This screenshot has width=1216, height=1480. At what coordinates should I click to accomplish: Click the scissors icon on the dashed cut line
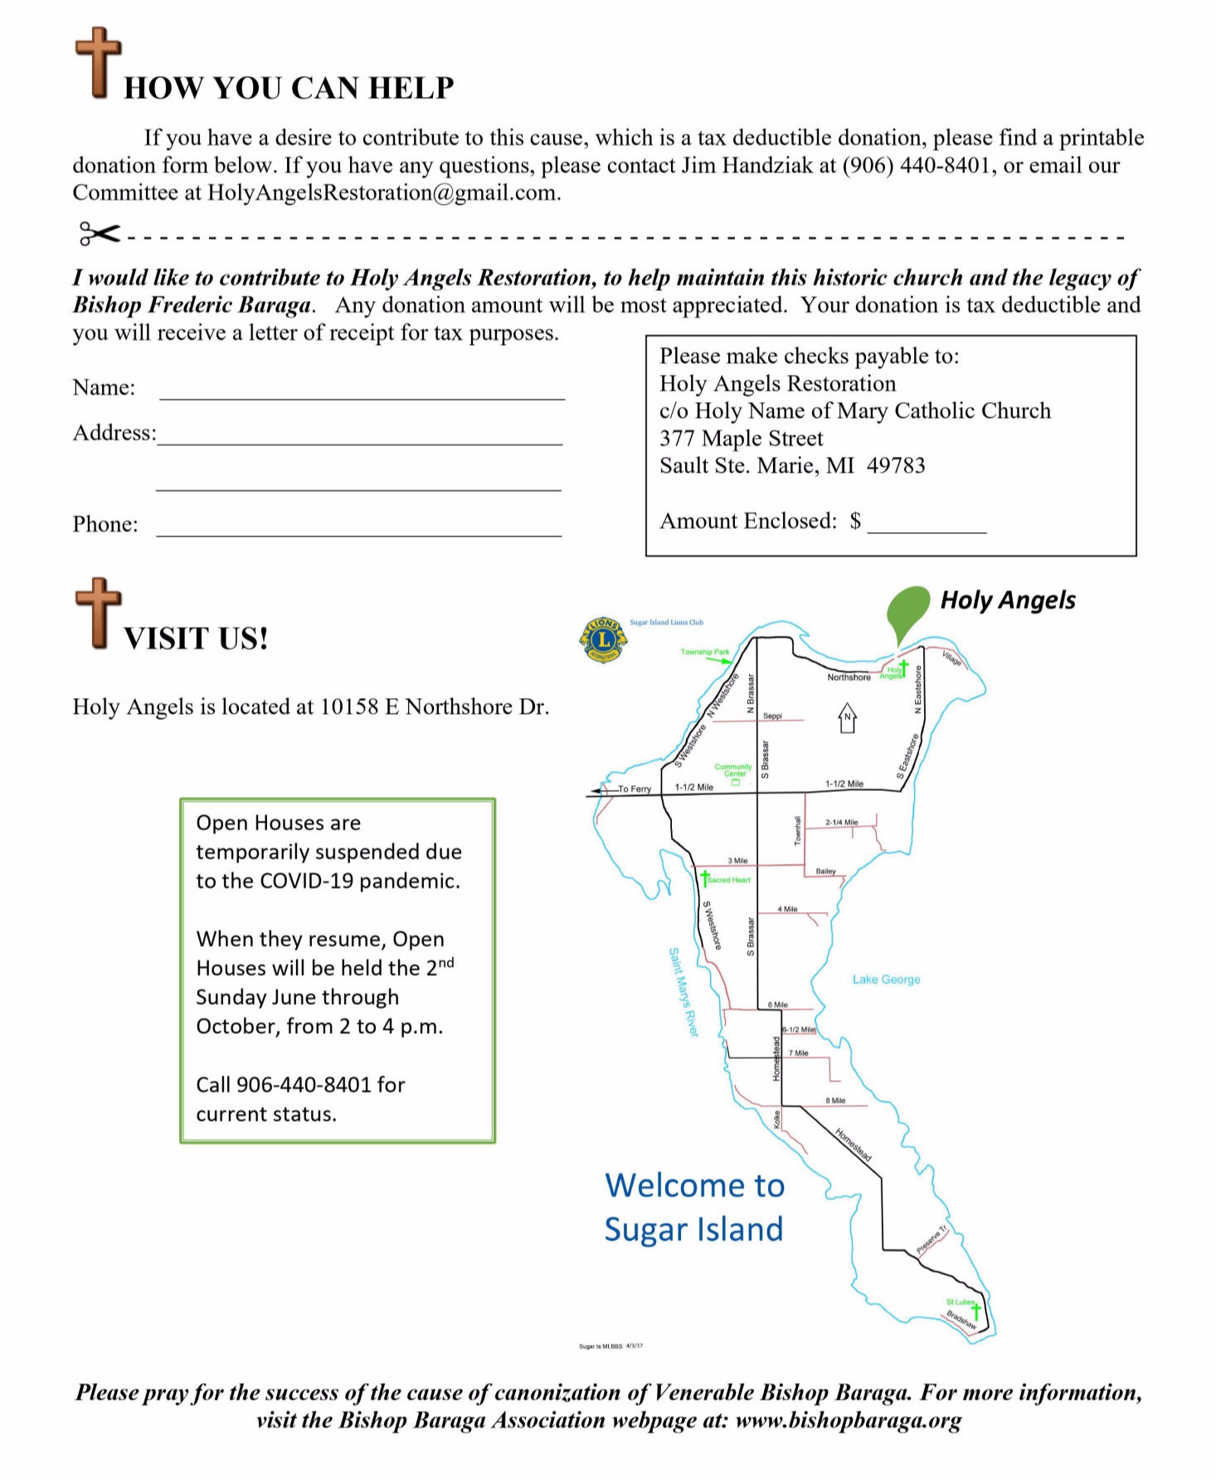[x=99, y=234]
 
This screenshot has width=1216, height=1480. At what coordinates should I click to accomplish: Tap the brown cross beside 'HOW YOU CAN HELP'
[x=98, y=63]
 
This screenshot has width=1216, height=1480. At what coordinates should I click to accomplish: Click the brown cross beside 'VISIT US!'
[x=98, y=613]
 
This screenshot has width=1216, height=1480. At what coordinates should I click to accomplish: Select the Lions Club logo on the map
[x=603, y=640]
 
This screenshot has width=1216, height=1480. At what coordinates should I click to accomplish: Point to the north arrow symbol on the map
[x=847, y=718]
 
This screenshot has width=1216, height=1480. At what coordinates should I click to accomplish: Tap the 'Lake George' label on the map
[x=886, y=979]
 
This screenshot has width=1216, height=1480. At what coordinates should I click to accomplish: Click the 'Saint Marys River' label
[x=684, y=992]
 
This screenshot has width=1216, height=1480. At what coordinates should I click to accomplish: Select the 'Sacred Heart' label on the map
[x=729, y=880]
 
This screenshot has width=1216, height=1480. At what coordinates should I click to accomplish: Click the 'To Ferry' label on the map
[x=635, y=789]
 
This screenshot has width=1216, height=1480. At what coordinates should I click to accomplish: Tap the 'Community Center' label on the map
[x=733, y=770]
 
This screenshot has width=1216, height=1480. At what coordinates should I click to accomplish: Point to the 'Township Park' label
[x=704, y=652]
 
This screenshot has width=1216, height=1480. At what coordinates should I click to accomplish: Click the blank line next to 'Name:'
[x=362, y=391]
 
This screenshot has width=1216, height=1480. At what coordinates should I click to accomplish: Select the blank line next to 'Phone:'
[x=358, y=527]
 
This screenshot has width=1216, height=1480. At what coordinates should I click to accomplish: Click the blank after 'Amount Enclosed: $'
[x=927, y=523]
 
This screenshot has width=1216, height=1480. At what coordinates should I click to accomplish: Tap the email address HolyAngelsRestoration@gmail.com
[x=382, y=193]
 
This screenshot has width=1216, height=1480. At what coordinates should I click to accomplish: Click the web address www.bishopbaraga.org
[x=848, y=1419]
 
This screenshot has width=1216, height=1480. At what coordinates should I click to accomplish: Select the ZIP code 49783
[x=896, y=466]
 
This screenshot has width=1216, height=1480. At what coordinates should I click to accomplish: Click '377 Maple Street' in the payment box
[x=741, y=439]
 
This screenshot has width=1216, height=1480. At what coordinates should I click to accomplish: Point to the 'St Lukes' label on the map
[x=960, y=1302]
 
